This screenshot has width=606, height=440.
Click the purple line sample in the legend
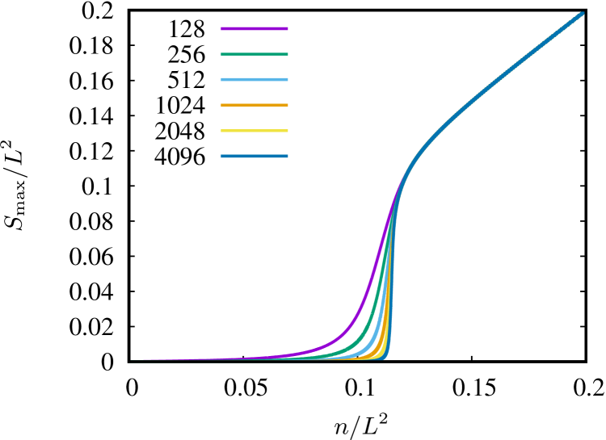[x=255, y=29]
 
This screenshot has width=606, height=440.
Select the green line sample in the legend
[x=255, y=54]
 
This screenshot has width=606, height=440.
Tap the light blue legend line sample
[x=255, y=80]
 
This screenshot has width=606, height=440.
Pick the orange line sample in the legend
[x=255, y=105]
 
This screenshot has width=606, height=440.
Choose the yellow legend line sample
[x=255, y=131]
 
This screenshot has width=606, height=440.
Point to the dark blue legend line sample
[x=255, y=156]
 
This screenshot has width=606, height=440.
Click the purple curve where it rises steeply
[x=373, y=274]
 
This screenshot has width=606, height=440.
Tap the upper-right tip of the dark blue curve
[x=581, y=14]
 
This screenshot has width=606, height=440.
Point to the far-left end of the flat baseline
[x=132, y=362]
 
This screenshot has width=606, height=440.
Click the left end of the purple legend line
[x=222, y=29]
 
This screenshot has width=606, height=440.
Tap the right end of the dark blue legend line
[x=287, y=156]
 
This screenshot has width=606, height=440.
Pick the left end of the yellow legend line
[x=222, y=131]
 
